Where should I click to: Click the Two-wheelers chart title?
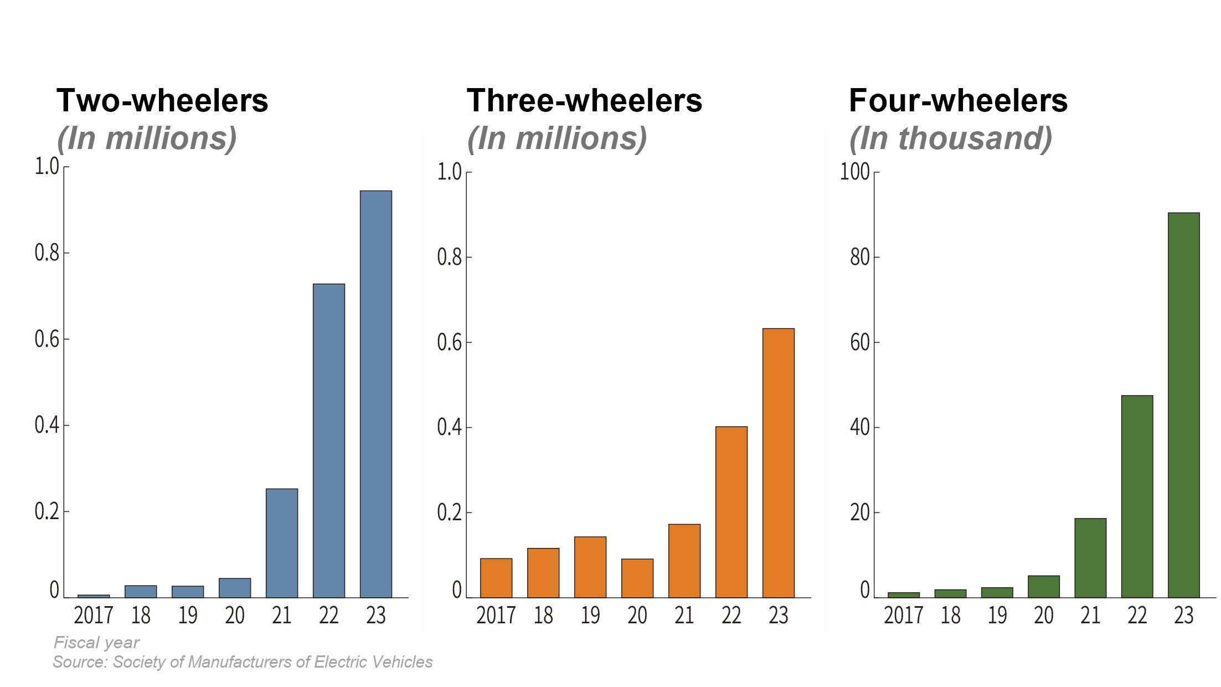(162, 101)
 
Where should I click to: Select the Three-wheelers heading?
(584, 101)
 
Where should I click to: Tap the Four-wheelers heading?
(958, 101)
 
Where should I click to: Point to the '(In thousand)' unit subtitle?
(950, 139)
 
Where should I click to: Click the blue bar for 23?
(376, 393)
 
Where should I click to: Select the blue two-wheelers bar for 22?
(329, 440)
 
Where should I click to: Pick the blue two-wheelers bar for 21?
(282, 543)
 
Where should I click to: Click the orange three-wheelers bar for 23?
(778, 463)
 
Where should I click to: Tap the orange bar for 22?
(731, 512)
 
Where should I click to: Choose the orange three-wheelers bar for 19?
(590, 567)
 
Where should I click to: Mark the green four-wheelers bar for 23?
(1184, 404)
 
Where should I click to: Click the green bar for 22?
(1137, 496)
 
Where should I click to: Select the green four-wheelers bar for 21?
(1090, 558)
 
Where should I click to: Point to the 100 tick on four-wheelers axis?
(855, 172)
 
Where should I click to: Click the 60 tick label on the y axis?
(859, 342)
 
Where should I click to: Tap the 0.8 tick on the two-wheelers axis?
(47, 253)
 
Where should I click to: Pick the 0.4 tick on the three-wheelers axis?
(449, 427)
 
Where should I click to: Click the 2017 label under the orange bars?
(496, 616)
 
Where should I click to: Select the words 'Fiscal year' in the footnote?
(96, 642)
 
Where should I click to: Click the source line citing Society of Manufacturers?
(243, 662)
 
